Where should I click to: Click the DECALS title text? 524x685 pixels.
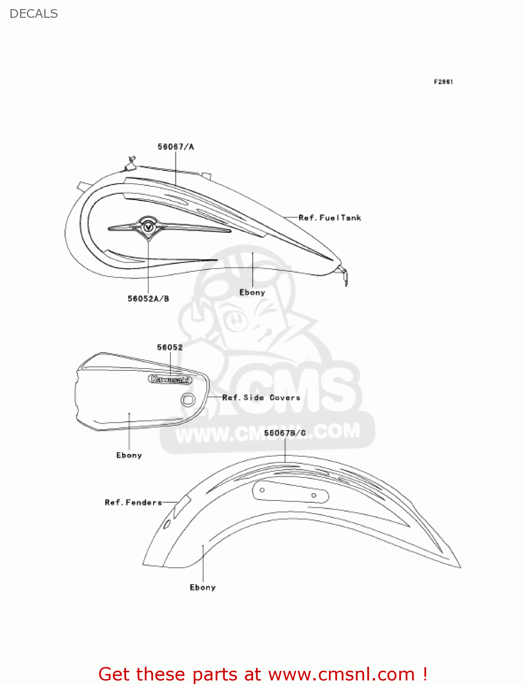[34, 14]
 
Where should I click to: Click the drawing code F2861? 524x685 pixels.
[443, 82]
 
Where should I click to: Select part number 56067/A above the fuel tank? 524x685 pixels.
[176, 147]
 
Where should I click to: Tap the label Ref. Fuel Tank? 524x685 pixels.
[330, 218]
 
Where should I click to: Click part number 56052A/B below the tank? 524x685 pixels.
[148, 299]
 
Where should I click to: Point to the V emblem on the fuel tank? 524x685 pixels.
[148, 227]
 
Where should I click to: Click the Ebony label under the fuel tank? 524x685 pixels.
[252, 292]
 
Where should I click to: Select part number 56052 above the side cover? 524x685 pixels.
[170, 348]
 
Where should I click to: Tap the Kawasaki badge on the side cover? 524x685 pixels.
[170, 379]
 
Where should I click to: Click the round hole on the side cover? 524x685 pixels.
[187, 400]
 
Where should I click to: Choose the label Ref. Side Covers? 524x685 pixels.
[261, 398]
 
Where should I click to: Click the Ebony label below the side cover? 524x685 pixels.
[129, 455]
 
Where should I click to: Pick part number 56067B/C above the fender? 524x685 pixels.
[285, 433]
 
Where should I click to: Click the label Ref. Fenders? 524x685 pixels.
[133, 502]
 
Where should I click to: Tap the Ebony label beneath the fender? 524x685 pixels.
[203, 588]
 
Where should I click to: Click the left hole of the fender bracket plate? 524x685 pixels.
[262, 490]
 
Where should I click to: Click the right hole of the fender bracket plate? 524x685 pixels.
[314, 495]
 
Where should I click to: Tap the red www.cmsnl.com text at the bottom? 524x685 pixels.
[341, 674]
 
